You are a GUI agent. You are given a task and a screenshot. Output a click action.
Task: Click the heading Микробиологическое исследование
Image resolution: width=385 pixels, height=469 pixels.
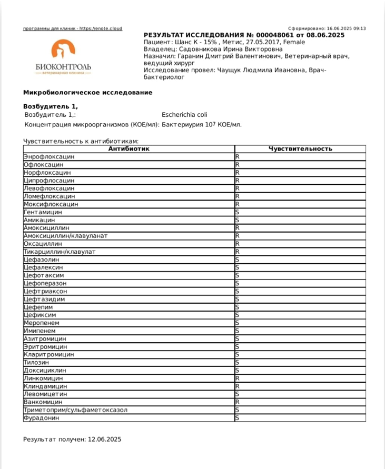(x=87, y=93)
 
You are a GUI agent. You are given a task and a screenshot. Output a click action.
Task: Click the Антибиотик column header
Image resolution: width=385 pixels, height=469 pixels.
(x=129, y=149)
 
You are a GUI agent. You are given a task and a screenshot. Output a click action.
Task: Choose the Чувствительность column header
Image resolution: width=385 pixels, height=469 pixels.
(x=300, y=149)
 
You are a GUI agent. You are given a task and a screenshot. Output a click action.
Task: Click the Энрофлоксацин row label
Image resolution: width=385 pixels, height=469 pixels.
(x=50, y=157)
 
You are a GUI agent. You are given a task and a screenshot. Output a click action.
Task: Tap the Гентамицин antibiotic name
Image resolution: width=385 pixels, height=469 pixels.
(x=46, y=212)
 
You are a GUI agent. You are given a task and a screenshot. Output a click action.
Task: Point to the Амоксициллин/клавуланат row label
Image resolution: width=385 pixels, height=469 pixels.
(x=66, y=236)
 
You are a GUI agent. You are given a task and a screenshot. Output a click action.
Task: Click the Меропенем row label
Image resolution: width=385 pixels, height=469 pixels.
(x=42, y=323)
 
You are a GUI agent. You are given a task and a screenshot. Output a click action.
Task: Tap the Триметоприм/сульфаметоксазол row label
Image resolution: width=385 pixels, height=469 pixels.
(x=76, y=410)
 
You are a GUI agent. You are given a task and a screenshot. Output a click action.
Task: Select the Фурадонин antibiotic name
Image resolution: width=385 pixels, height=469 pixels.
(x=42, y=417)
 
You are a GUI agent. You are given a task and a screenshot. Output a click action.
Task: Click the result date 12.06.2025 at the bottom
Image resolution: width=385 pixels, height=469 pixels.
(x=104, y=438)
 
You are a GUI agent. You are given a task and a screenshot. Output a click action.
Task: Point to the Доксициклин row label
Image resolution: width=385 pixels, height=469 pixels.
(x=45, y=370)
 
